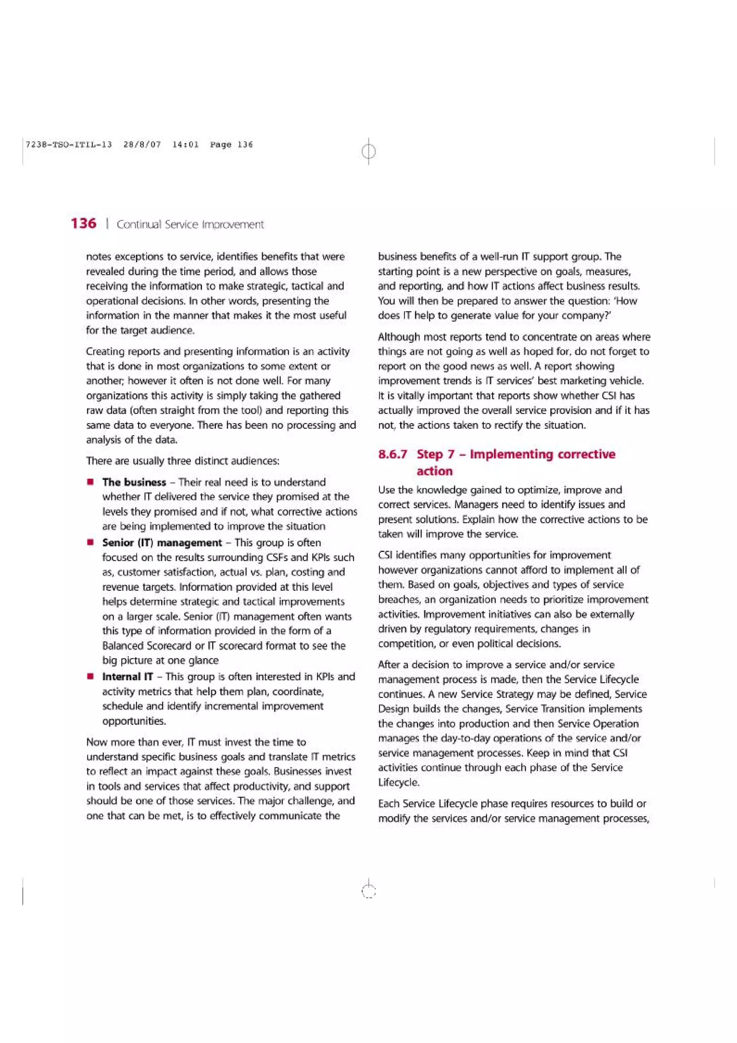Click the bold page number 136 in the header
(x=83, y=223)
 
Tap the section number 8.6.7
(x=393, y=454)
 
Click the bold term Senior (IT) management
(x=162, y=542)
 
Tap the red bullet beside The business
(x=91, y=482)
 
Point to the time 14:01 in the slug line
(x=185, y=144)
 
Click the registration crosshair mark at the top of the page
(x=369, y=151)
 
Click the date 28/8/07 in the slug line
(x=142, y=144)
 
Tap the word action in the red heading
(x=435, y=471)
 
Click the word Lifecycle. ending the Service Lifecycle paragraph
(x=399, y=782)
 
